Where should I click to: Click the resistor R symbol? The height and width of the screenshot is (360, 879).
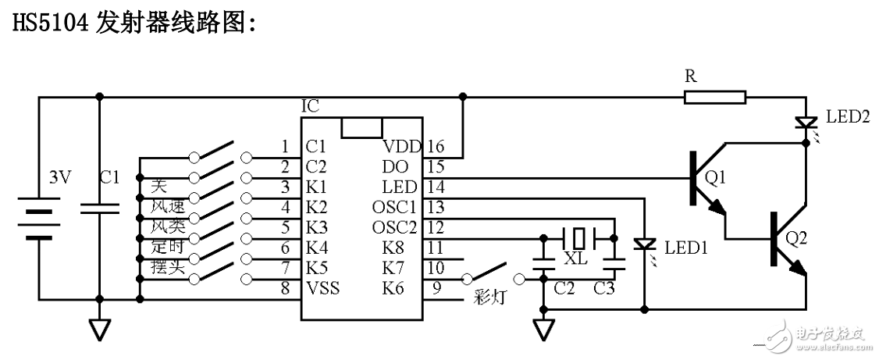(715, 98)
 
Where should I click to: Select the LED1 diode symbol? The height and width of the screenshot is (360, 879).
(644, 245)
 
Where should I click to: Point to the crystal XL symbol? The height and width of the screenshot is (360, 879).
(577, 237)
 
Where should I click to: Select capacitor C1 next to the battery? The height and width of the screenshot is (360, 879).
(99, 207)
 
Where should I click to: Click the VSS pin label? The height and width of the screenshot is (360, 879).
(322, 288)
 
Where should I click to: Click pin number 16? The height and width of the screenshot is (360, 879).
(435, 146)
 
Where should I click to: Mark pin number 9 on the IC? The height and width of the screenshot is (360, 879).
(436, 288)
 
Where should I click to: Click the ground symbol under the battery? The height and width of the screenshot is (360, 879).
(99, 328)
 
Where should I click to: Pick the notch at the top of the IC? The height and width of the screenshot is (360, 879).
(362, 128)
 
